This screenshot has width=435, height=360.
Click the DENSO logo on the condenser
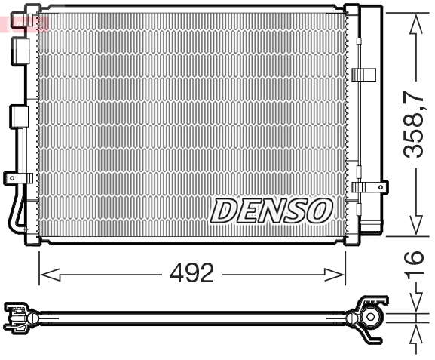pyautogui.click(x=271, y=211)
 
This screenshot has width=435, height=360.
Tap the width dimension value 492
pyautogui.click(x=191, y=273)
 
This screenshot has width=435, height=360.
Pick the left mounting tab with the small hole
pyautogui.click(x=15, y=177)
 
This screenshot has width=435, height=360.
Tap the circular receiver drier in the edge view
pyautogui.click(x=370, y=316)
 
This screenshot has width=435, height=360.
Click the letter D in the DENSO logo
pyautogui.click(x=225, y=211)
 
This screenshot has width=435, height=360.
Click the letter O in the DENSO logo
pyautogui.click(x=319, y=211)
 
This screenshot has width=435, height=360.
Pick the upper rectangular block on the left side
pyautogui.click(x=20, y=49)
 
